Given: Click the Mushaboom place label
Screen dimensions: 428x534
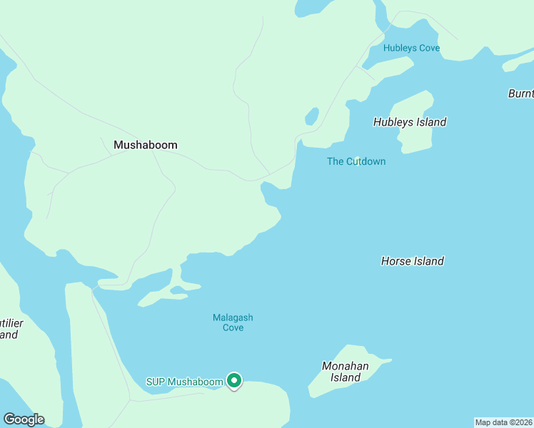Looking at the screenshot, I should pos(146,145).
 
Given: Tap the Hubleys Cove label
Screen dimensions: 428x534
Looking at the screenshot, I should pos(411,49).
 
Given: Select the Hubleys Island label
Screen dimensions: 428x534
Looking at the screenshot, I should pos(410,122).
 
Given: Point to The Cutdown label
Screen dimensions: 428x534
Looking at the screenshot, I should pos(356,161).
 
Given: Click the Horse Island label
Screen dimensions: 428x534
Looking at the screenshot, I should pos(413,261).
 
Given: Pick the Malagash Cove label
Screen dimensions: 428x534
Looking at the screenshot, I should pos(233,322).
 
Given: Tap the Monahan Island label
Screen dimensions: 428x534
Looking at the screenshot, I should pos(346,372).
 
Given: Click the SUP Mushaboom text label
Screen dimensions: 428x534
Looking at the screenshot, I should pos(185,382).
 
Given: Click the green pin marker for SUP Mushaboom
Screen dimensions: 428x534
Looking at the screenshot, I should pos(234,381).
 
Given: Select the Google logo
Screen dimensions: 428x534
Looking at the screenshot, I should pos(24,419).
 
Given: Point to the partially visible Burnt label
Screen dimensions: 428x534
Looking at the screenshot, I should pos(520,93).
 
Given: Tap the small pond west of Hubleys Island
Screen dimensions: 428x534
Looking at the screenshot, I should pos(311,116).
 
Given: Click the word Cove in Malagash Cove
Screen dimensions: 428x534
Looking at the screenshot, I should pos(233,328).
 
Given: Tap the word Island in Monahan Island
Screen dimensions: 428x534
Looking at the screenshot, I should pos(346,377).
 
